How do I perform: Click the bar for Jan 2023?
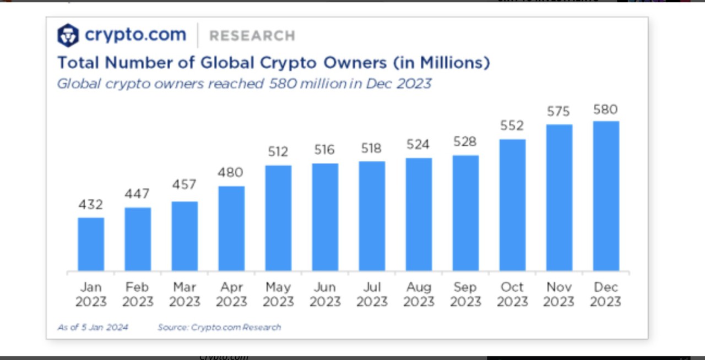(91, 244)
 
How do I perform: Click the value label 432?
(91, 205)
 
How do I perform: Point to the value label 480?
(230, 173)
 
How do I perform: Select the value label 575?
(558, 111)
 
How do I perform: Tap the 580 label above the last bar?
(605, 110)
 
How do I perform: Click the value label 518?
(372, 148)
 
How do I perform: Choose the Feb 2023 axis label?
(138, 294)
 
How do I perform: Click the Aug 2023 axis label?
(419, 294)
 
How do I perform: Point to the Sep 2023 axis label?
(465, 294)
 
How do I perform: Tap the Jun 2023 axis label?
(325, 294)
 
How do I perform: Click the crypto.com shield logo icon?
(68, 35)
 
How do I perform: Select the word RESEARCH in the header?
(252, 36)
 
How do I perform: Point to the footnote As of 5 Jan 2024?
(93, 327)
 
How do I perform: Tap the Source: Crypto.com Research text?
(219, 327)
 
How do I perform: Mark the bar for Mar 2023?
(185, 237)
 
